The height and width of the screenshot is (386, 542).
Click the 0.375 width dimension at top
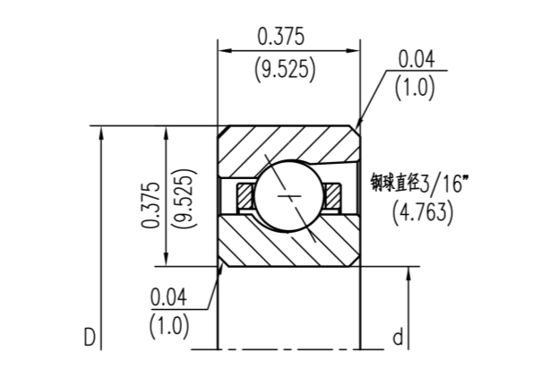281,37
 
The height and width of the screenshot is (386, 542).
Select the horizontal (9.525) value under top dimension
285,70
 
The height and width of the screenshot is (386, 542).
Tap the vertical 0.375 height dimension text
151,204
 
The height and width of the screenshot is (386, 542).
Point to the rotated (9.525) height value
185,199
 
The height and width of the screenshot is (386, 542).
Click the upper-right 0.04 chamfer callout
417,59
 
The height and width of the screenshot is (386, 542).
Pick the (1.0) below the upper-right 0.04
415,88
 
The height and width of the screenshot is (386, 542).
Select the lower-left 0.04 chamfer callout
168,296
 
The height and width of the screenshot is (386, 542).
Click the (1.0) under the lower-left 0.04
169,326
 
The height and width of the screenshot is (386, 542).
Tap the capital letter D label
90,338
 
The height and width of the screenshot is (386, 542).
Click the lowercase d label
398,337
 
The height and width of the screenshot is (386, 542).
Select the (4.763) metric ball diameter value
423,212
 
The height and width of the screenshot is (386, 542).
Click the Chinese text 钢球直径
396,182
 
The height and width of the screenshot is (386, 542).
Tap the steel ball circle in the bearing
290,197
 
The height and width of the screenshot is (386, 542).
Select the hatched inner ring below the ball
288,242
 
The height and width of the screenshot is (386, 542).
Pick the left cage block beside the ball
245,195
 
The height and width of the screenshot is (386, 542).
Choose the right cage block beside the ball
333,195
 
